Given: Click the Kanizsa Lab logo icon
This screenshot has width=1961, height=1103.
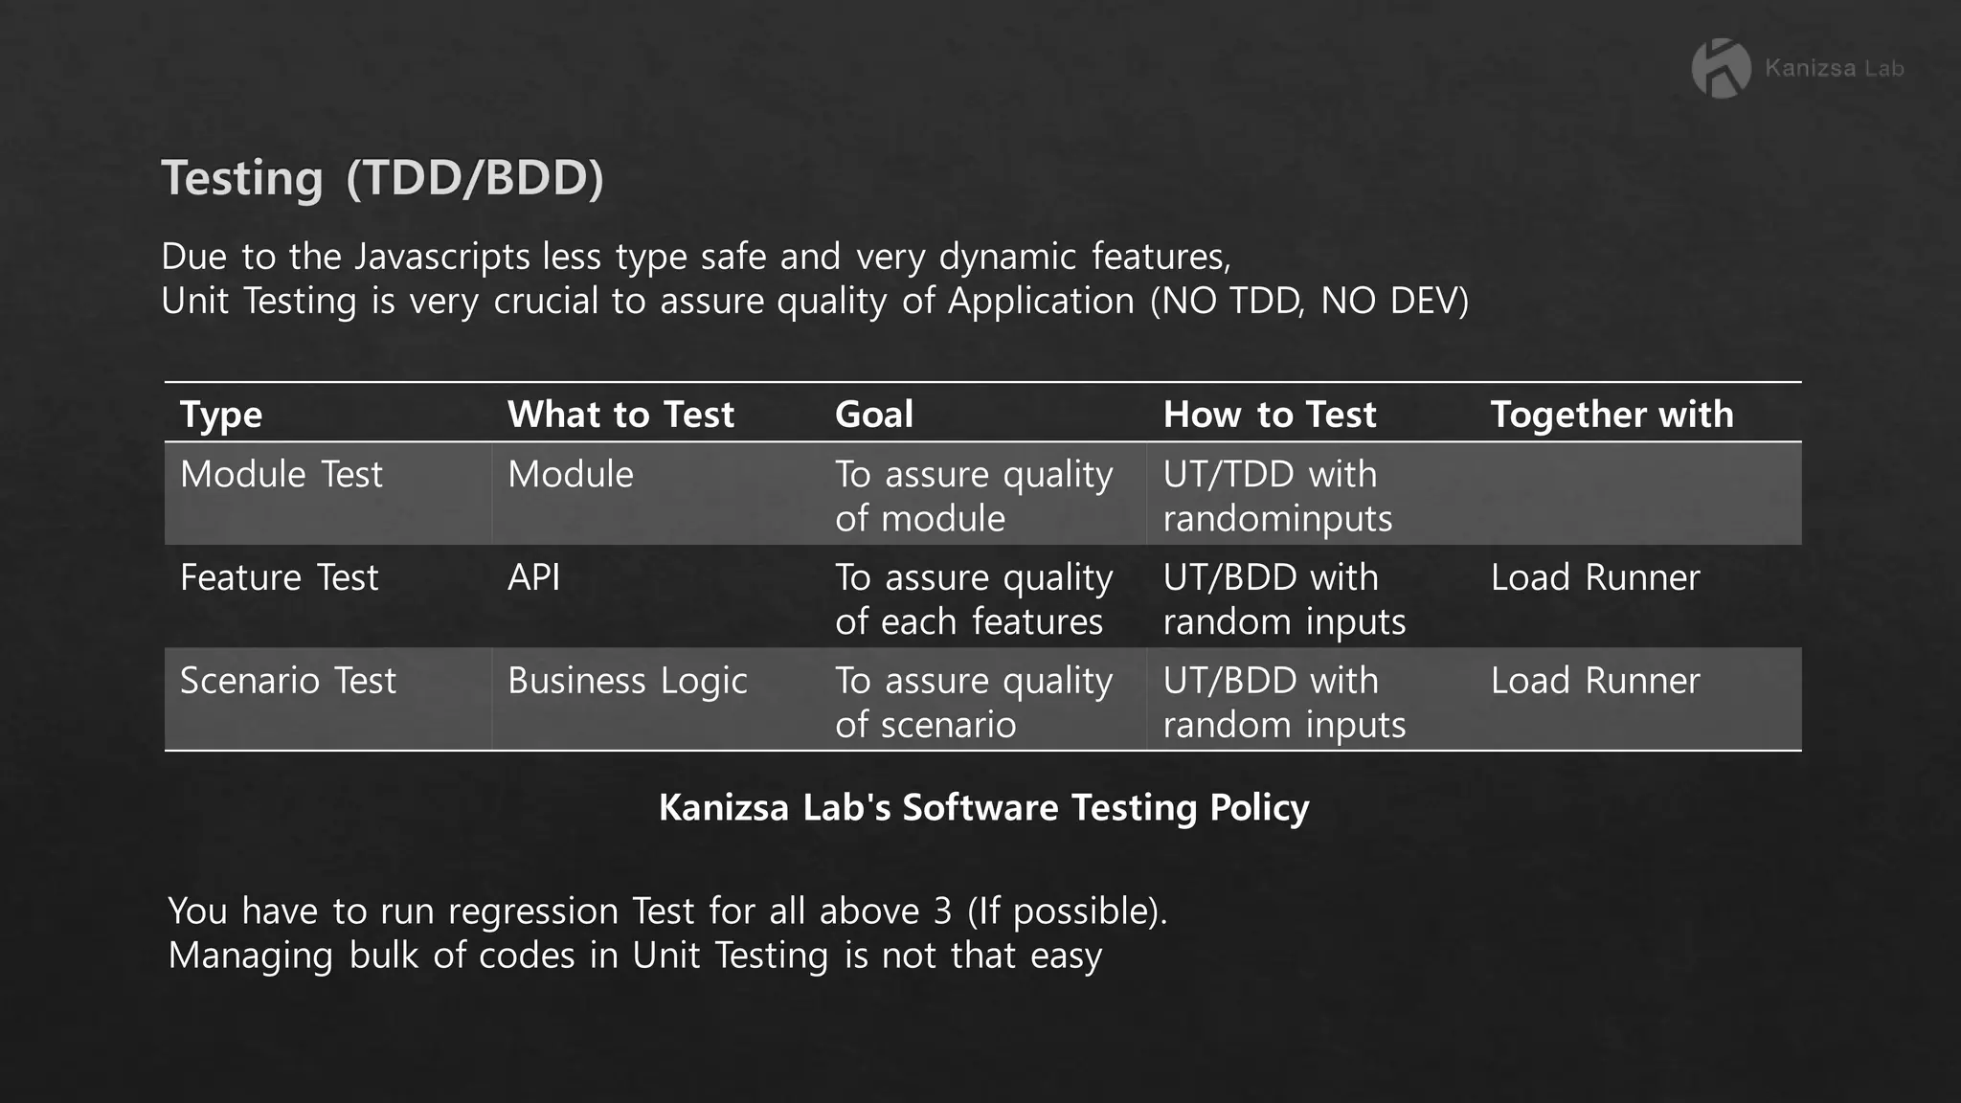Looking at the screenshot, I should [x=1721, y=68].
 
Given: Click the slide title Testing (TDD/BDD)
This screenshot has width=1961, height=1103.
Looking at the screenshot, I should [x=382, y=178].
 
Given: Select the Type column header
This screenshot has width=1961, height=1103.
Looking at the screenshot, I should [x=221, y=415].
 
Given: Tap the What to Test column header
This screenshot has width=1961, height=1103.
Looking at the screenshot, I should [x=620, y=415].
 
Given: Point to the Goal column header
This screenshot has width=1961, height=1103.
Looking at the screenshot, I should [x=874, y=415].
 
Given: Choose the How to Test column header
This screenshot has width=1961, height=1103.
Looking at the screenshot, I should [x=1270, y=415].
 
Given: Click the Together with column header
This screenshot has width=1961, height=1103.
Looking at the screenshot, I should [x=1612, y=415].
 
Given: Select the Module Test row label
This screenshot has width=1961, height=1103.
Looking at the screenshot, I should [x=282, y=475].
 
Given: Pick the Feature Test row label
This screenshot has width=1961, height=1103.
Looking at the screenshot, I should [x=280, y=578].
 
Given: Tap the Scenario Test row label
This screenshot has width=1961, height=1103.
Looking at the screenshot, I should [x=288, y=681].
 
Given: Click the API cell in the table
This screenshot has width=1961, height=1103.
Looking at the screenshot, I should [x=534, y=578].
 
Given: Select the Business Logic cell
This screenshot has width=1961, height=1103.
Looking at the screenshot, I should [x=627, y=681].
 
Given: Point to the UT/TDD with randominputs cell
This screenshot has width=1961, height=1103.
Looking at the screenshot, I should [x=1277, y=496].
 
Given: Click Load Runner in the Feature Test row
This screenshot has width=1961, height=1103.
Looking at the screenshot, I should [x=1595, y=578].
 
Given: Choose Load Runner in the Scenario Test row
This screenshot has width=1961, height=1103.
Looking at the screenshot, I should [x=1595, y=681].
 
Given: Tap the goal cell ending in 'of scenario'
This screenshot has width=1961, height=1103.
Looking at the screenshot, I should [x=974, y=702].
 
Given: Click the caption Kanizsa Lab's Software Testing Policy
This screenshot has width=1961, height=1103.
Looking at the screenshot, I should [x=983, y=807].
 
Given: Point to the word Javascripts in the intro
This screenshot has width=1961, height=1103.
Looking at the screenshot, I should [x=441, y=258].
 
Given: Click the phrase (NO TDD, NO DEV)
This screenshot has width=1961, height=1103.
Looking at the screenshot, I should [x=1309, y=302].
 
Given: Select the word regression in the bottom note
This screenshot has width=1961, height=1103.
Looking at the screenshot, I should [x=532, y=912].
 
